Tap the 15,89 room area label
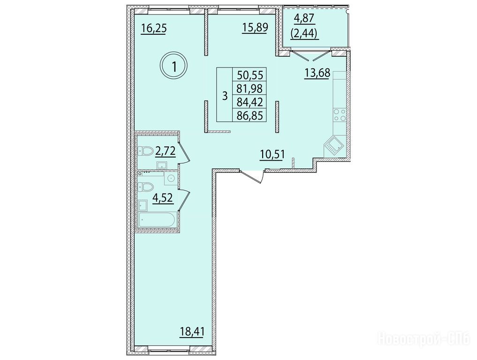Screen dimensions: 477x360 click(x=255, y=28)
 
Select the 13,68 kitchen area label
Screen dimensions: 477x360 click(x=318, y=73)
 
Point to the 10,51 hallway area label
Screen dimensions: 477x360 click(x=272, y=155)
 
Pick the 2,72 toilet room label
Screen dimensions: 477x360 click(x=166, y=151)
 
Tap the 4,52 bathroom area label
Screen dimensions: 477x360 click(x=164, y=198)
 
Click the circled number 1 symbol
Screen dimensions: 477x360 click(x=174, y=66)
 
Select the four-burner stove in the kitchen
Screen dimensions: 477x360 click(x=340, y=115)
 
